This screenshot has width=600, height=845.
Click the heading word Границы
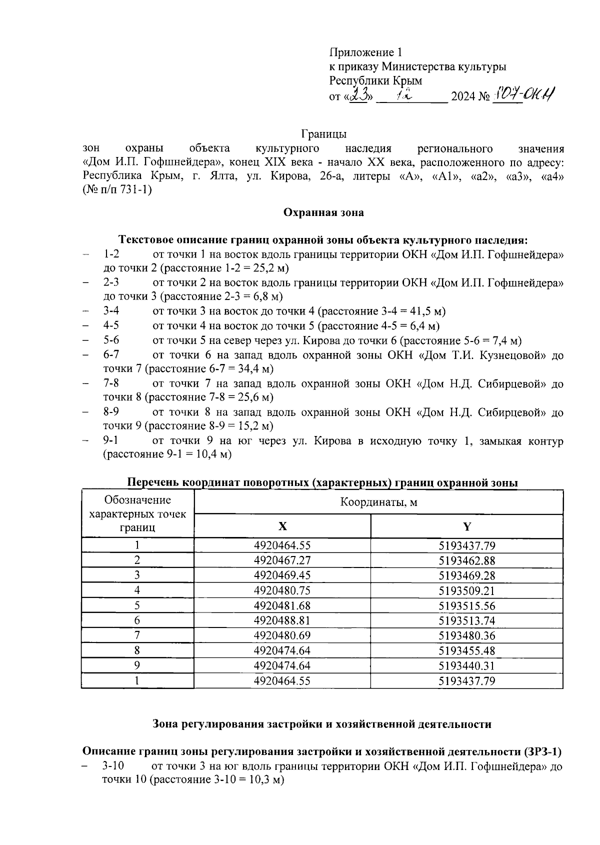coord(323,134)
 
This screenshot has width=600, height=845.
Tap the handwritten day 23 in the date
coord(359,94)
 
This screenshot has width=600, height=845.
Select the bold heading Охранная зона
coord(323,212)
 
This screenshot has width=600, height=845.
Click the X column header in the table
coord(282,526)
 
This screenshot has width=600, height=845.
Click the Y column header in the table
coord(467,526)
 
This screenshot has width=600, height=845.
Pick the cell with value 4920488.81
coord(282,620)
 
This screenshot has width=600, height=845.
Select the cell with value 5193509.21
coord(467,590)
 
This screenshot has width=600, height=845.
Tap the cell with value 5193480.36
coord(467,635)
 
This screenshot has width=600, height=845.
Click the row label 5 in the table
coord(137,605)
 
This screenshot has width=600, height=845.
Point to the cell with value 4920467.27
coord(282,560)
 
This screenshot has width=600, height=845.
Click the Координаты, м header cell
coord(378,502)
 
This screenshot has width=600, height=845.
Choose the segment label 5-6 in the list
coord(111,340)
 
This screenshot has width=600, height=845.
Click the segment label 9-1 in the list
coord(111,441)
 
